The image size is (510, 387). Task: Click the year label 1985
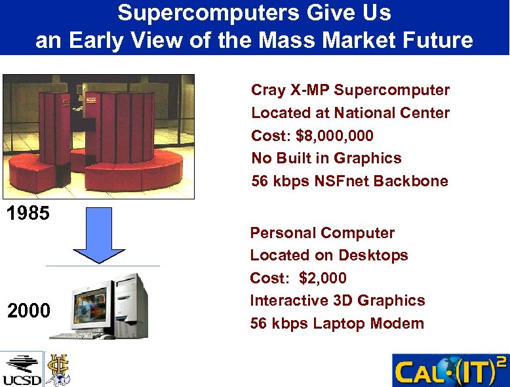click(x=28, y=214)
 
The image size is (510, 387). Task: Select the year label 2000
click(x=28, y=310)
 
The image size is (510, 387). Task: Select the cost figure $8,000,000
click(x=335, y=136)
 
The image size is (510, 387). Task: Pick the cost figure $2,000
click(x=323, y=278)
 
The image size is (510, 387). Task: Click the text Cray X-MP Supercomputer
click(x=350, y=90)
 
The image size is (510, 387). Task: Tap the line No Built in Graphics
click(x=326, y=158)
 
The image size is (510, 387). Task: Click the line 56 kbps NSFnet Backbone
click(x=349, y=181)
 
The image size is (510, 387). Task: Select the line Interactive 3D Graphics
click(x=337, y=300)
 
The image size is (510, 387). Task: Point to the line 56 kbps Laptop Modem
click(x=336, y=323)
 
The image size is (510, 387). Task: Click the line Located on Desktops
click(x=328, y=255)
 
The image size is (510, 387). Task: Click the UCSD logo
click(x=21, y=369)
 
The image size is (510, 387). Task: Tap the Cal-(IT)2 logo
click(x=450, y=370)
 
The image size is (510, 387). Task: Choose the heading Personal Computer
click(x=322, y=233)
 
